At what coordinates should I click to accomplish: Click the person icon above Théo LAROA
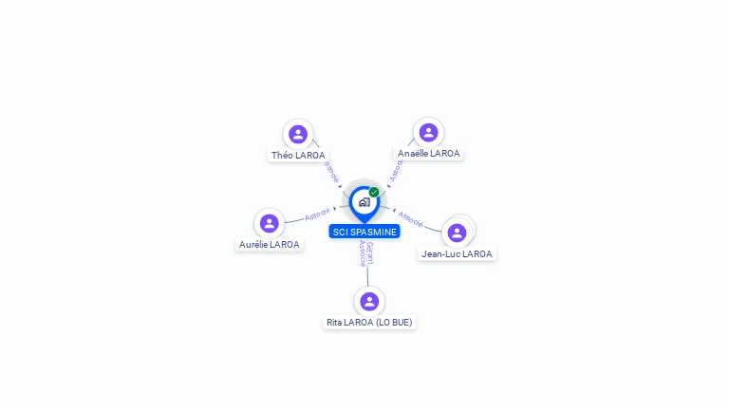pos(298,135)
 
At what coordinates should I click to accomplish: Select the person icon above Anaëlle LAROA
pos(428,133)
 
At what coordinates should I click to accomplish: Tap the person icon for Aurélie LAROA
pos(270,224)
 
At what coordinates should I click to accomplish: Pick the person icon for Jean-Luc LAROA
pos(457,233)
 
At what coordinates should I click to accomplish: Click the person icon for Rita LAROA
pos(369,302)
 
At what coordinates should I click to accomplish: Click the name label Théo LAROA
pos(298,155)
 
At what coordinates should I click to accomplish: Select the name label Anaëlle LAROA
pos(428,153)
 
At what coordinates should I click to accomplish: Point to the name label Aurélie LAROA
pos(270,244)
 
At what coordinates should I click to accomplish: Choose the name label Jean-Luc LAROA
pos(457,253)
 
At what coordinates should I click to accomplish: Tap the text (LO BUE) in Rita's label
pos(394,323)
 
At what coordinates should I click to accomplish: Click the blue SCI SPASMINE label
pos(364,232)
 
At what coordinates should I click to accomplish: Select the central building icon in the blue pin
pos(364,202)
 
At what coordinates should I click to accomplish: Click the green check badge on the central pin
pos(374,192)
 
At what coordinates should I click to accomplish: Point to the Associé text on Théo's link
pos(330,172)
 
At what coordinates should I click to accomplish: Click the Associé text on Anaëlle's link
pos(397,170)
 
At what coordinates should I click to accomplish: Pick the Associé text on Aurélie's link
pos(317,214)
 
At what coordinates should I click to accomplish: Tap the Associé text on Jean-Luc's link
pos(410,218)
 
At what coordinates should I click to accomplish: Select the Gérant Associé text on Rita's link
pos(365,253)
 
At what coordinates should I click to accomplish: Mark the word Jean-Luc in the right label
pos(440,253)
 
